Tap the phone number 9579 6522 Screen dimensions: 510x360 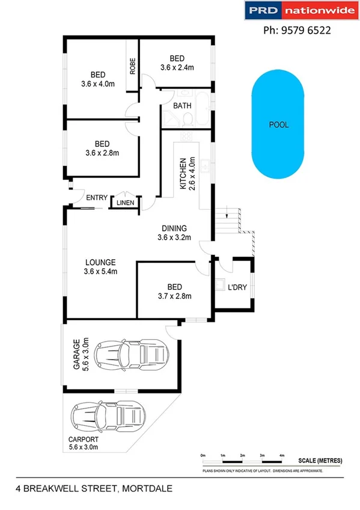pos(297,30)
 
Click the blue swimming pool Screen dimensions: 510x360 pos(278,125)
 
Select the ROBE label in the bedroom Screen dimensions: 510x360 pos(132,66)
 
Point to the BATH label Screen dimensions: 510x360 pos(182,106)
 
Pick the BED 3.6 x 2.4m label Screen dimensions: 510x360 pos(177,63)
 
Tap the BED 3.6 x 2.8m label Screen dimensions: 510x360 pos(102,148)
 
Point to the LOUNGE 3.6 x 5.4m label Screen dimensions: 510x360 pos(100,266)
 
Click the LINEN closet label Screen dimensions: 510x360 pos(125,203)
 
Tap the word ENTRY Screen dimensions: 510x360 pos(97,197)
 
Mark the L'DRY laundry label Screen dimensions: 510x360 pos(237,287)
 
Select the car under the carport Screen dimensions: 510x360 pos(109,416)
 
